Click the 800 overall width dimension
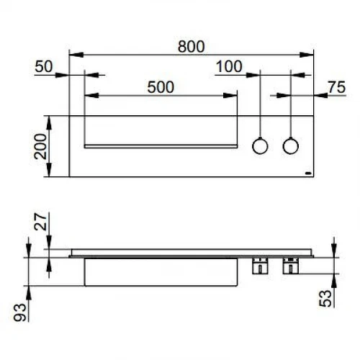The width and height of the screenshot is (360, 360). coord(191,47)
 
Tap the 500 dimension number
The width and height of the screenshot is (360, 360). coord(161,87)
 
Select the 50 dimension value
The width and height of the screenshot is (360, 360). coord(44,66)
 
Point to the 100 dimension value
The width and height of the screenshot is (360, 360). coord(229,66)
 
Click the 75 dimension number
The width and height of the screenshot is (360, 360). coord(337,87)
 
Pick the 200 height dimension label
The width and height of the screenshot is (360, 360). coord(40,147)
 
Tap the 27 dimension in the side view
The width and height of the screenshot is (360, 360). coord(40,222)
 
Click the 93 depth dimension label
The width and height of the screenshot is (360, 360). coord(19,312)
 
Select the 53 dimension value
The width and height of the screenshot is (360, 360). coord(325,298)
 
